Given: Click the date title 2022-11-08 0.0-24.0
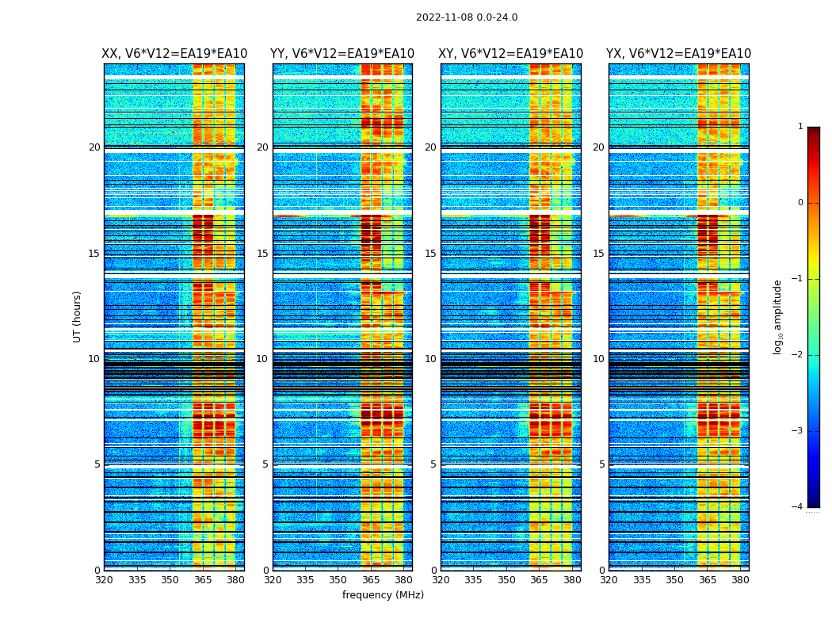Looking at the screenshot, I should click(467, 17).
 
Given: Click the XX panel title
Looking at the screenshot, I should click(174, 54).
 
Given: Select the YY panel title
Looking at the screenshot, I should click(342, 54).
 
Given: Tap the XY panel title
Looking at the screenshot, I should click(511, 54).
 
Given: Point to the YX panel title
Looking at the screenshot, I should click(678, 54).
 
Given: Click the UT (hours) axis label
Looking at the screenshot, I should click(78, 316).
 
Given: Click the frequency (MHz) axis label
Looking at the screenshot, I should click(383, 595).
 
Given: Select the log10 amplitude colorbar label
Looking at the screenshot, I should click(778, 316).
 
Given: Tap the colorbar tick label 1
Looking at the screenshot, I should click(800, 127).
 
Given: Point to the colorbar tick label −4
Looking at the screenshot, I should click(798, 507).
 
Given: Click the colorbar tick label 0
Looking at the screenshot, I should click(800, 203).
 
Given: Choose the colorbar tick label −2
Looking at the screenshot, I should click(798, 355).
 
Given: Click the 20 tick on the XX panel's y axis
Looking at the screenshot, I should click(94, 147).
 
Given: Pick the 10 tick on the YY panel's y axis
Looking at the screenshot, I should click(262, 359).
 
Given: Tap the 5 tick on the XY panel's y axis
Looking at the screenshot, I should click(433, 464).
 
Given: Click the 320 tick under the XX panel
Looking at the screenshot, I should click(104, 580).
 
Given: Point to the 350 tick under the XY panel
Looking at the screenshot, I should click(506, 580).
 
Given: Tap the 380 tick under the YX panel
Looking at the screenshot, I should click(740, 580).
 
